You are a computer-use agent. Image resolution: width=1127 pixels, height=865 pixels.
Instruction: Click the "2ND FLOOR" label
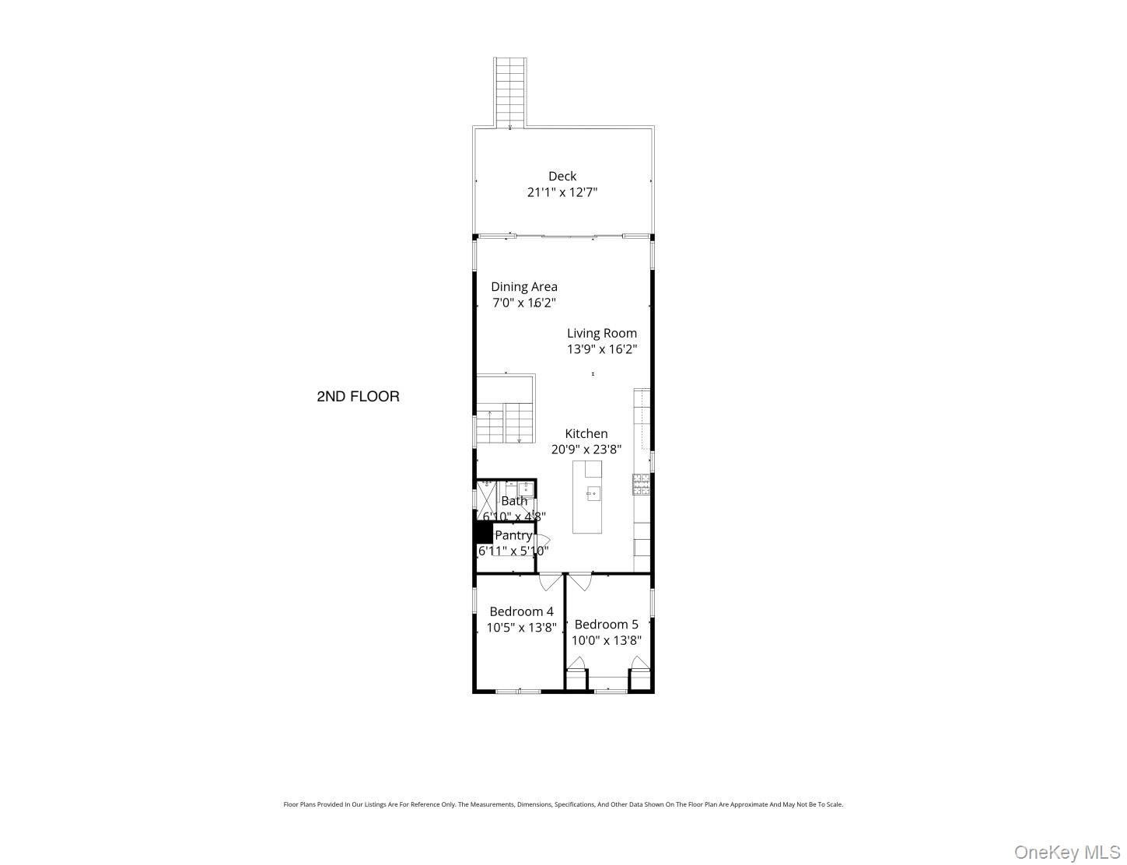358,397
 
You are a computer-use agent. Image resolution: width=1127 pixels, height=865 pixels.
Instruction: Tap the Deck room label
562,177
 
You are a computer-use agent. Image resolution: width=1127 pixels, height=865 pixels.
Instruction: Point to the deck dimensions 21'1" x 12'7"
562,192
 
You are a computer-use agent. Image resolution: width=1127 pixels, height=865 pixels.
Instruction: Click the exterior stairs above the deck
510,92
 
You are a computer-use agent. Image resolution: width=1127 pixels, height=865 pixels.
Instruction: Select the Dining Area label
523,287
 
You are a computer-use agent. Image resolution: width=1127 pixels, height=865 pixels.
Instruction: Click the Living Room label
601,334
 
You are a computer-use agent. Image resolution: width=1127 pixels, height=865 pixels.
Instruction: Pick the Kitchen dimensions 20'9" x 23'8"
586,449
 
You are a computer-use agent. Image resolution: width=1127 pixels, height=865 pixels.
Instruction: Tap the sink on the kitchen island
592,492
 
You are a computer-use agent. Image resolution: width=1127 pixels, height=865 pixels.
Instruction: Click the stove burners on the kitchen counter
641,485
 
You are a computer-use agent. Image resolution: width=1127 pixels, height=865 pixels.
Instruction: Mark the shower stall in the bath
486,496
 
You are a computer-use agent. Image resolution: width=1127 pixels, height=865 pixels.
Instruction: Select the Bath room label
514,502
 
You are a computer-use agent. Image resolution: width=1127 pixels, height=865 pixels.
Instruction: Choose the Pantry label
513,536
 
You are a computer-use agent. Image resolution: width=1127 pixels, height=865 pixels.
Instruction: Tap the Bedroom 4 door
551,581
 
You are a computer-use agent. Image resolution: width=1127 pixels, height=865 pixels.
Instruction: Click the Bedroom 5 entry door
579,581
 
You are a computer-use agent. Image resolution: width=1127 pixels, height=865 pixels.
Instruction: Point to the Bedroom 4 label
521,612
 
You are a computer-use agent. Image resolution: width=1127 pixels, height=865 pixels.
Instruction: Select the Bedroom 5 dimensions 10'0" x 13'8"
607,641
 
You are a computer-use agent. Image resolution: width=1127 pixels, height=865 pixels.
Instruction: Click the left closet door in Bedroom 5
576,664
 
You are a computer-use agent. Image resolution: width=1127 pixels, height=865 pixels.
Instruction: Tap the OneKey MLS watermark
1066,853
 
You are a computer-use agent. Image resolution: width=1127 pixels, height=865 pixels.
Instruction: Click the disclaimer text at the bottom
563,804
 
